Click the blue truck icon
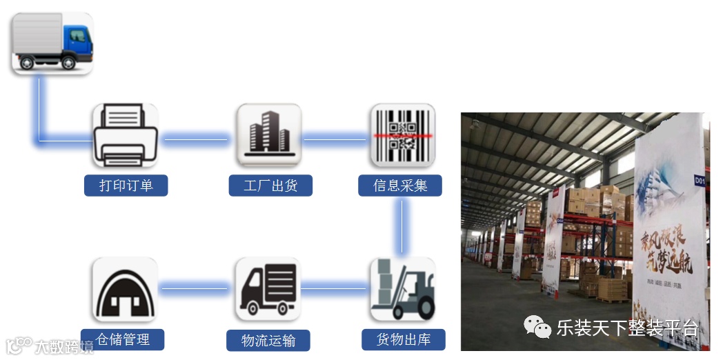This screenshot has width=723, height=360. [52, 43]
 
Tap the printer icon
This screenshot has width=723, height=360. [125, 135]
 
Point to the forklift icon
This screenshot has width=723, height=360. [402, 289]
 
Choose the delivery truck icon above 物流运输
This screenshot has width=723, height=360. [268, 289]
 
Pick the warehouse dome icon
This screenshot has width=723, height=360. [125, 289]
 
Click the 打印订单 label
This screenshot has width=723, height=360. [126, 186]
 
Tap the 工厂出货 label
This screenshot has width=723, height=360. [270, 186]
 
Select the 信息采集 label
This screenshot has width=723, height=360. [400, 186]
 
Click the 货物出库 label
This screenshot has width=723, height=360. [403, 340]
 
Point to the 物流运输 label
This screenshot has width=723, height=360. [268, 341]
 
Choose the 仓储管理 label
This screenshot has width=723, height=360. [123, 339]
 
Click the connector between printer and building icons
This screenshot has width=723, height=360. [196, 140]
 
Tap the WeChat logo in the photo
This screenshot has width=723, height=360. [537, 327]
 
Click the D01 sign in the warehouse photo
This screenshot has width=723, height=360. [700, 181]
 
